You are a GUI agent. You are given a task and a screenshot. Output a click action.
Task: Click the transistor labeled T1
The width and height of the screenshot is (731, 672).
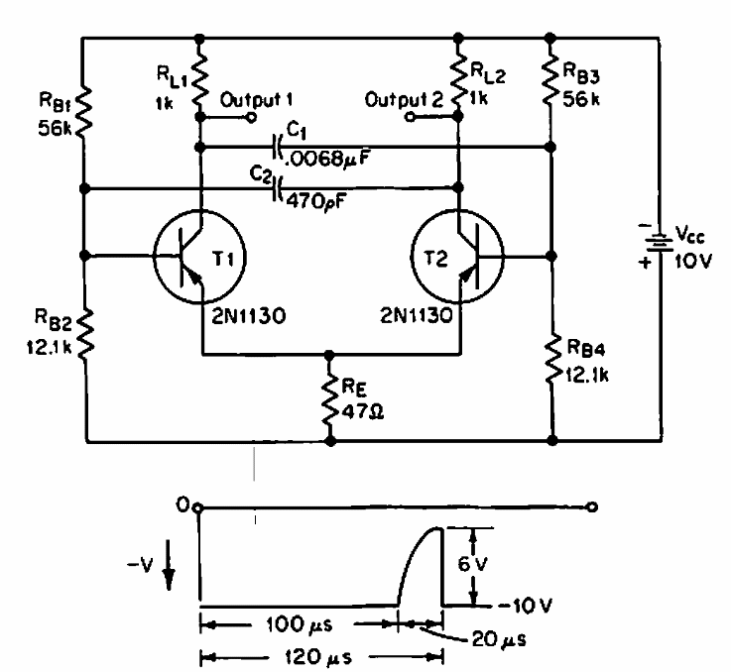click(199, 257)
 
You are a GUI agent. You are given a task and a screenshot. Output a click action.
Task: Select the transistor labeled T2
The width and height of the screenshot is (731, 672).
click(457, 257)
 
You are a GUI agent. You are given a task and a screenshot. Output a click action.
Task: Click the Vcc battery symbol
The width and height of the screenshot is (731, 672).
click(660, 242)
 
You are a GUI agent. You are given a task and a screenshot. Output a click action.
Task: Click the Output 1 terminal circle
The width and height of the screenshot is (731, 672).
click(251, 117)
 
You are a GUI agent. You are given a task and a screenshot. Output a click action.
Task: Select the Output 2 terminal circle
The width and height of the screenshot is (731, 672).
click(409, 117)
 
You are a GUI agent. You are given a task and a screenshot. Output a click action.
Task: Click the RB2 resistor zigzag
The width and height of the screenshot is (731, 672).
click(85, 334)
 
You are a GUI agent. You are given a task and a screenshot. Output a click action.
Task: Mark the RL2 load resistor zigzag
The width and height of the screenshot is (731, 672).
click(459, 80)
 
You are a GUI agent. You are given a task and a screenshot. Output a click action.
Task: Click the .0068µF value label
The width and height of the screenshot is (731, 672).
click(326, 160)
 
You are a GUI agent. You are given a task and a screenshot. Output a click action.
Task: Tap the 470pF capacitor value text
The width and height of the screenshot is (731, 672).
click(315, 201)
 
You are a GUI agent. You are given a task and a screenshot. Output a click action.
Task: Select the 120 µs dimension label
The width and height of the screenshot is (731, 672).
click(318, 657)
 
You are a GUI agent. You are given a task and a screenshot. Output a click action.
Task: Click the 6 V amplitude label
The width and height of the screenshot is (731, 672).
click(472, 564)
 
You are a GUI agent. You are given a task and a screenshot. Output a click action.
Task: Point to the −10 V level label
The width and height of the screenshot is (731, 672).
click(525, 606)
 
